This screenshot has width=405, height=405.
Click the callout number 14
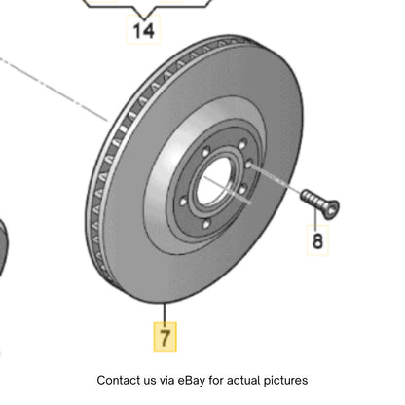pyautogui.click(x=143, y=31)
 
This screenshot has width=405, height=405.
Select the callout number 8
pyautogui.click(x=317, y=240)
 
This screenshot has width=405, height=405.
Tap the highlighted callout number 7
pyautogui.click(x=165, y=337)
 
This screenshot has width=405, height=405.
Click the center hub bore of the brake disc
pyautogui.click(x=214, y=181)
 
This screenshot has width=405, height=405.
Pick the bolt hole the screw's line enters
pyautogui.click(x=249, y=165)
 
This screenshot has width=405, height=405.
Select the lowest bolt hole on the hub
pyautogui.click(x=206, y=224)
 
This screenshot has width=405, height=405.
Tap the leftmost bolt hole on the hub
pyautogui.click(x=183, y=202)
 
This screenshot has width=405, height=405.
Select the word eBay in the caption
pyautogui.click(x=192, y=380)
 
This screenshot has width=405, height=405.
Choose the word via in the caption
pyautogui.click(x=166, y=380)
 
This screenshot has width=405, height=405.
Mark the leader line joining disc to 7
pyautogui.click(x=165, y=313)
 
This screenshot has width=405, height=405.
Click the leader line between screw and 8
pyautogui.click(x=315, y=217)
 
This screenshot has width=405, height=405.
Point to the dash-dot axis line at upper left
pyautogui.click(x=54, y=90)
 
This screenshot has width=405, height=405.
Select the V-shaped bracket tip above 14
pyautogui.click(x=144, y=17)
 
